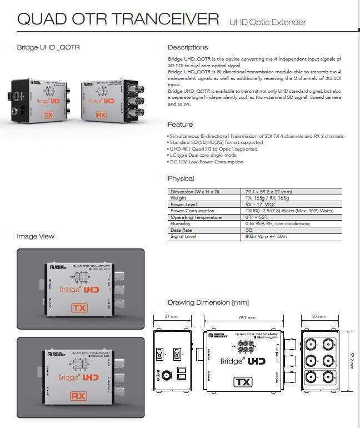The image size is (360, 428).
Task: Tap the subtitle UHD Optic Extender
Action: tap(267, 22)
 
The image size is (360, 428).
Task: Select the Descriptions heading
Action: tap(188, 47)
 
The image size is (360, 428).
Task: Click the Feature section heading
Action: tap(181, 125)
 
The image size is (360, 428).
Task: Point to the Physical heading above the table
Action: tap(181, 178)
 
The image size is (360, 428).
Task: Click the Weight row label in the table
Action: tap(178, 198)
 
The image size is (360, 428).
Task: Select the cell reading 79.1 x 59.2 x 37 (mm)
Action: tap(268, 191)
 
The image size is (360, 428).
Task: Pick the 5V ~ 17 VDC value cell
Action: tap(261, 204)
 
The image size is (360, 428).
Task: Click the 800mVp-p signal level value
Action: tap(266, 236)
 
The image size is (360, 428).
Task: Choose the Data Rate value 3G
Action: tap(249, 230)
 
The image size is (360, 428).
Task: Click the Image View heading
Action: tap(36, 236)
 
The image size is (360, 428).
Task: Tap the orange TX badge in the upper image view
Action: tap(79, 307)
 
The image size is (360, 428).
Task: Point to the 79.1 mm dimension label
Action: tap(243, 317)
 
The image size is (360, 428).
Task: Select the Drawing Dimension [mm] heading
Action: tap(208, 302)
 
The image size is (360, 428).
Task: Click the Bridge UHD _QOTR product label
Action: tap(48, 47)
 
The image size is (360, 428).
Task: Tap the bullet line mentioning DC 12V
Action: tap(206, 162)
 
